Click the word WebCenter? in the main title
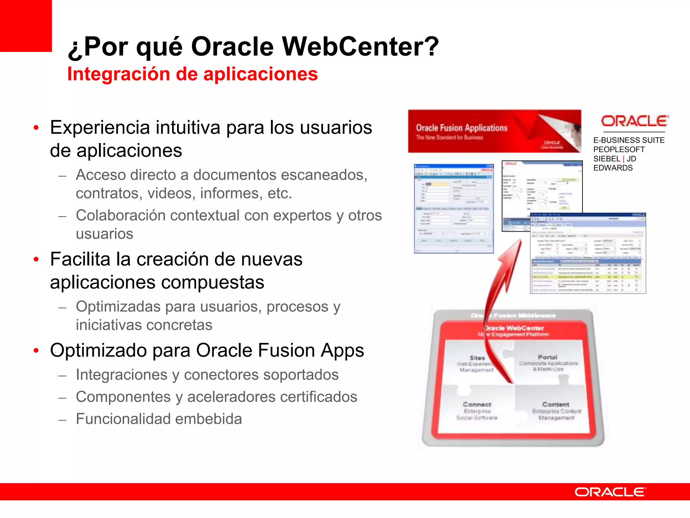360,47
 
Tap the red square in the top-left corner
26,26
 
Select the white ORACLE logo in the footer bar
610,492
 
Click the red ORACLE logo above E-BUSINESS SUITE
634,121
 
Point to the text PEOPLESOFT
619,149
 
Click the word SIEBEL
606,159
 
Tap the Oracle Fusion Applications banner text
462,128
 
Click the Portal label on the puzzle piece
547,357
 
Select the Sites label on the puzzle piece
477,358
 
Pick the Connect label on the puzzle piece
477,404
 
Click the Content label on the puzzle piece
556,404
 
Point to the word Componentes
123,397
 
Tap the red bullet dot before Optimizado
36,350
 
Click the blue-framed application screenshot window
453,208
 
